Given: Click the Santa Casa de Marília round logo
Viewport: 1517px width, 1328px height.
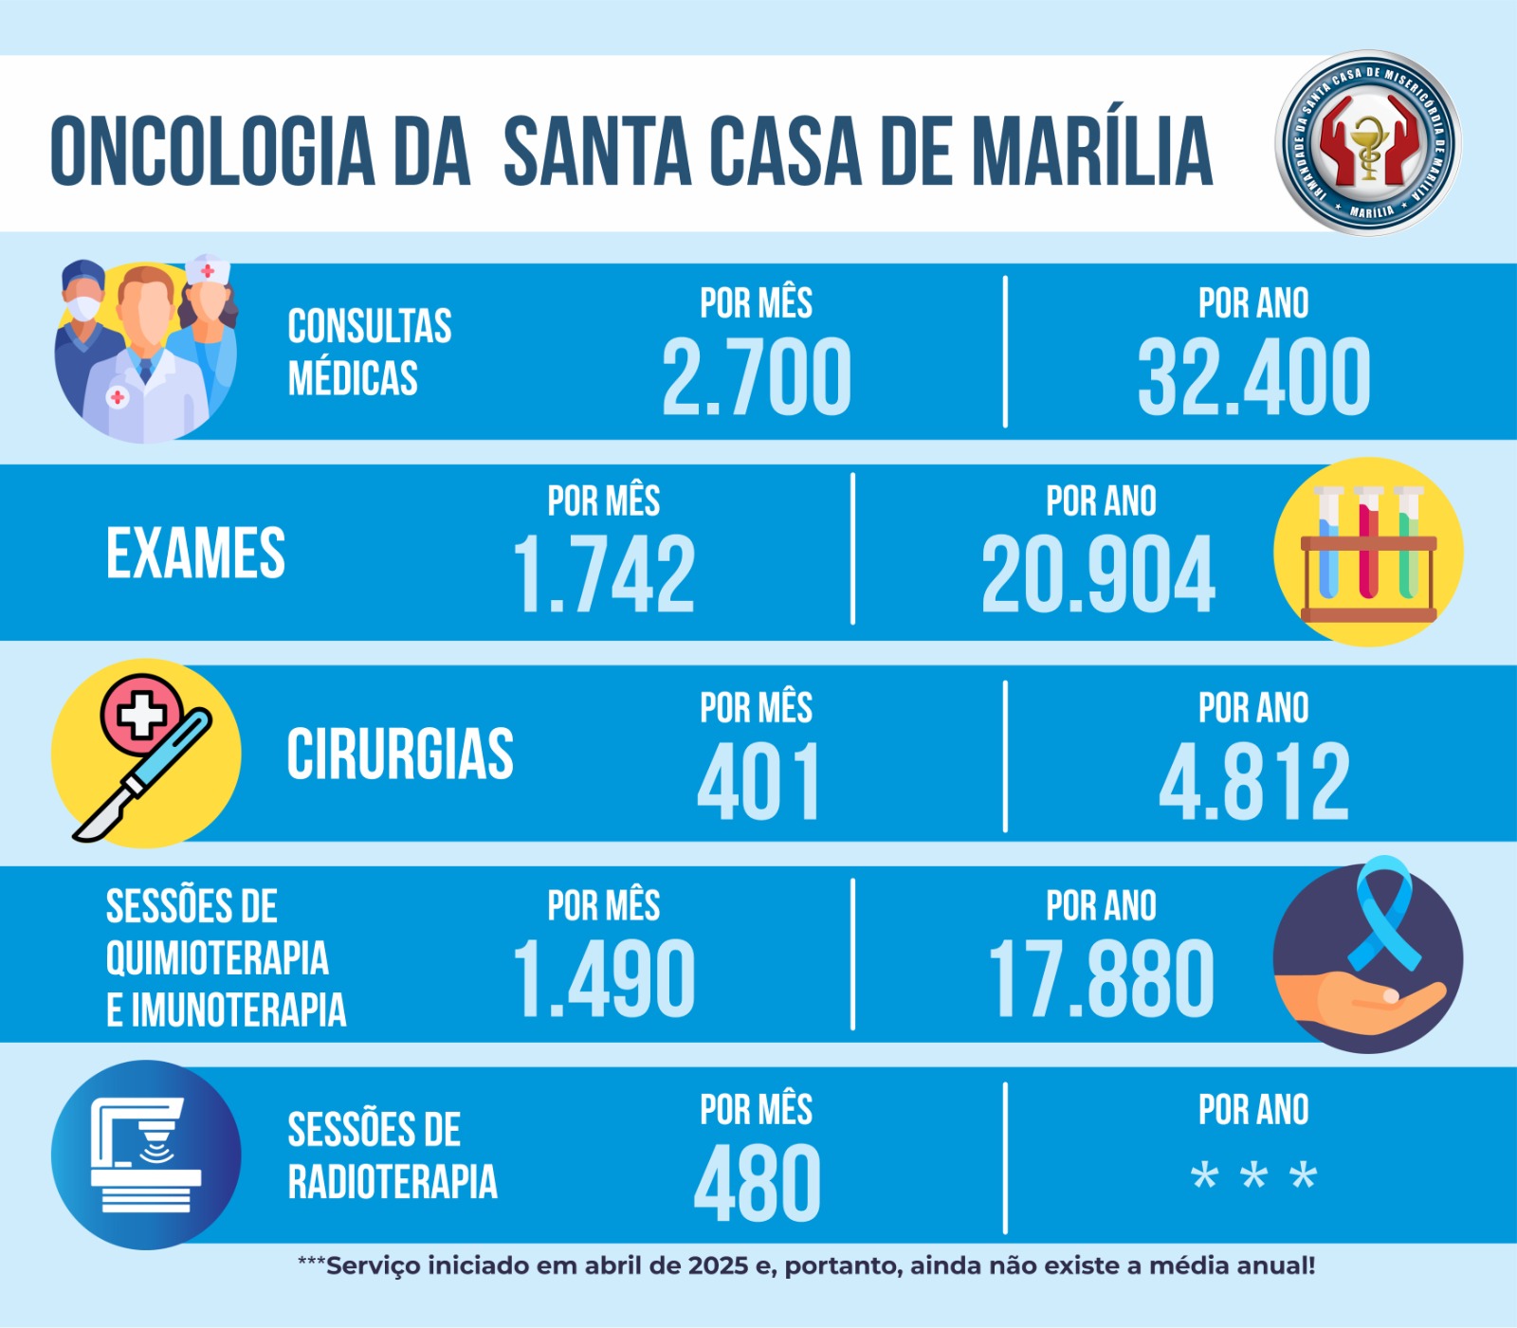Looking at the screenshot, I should point(1368,143).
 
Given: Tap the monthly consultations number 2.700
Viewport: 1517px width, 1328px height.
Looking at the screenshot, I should point(756,377).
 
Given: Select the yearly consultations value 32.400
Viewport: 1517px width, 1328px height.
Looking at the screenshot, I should point(1253,377).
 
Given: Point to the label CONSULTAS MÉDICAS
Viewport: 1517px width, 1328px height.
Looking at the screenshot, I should point(369,352).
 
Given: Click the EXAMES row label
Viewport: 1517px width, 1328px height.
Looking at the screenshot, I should point(195,554).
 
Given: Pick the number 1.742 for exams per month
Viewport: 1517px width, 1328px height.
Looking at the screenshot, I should point(604,574).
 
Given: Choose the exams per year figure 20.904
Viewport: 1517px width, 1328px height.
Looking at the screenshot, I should point(1098,574).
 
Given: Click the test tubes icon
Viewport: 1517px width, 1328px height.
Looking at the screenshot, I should point(1368,553).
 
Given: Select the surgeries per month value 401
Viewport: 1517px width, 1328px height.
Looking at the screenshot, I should point(758,783).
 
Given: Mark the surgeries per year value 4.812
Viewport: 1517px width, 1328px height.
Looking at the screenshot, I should point(1253,783).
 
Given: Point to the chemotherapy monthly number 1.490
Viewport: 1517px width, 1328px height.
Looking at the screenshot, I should point(604,979).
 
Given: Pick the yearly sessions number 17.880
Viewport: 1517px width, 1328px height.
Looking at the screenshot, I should point(1100,979).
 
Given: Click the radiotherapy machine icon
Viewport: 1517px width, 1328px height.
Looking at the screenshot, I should point(146,1155).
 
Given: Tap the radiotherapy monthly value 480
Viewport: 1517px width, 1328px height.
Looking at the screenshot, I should point(757,1183).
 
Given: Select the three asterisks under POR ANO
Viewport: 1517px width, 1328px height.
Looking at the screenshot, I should point(1253,1176).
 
